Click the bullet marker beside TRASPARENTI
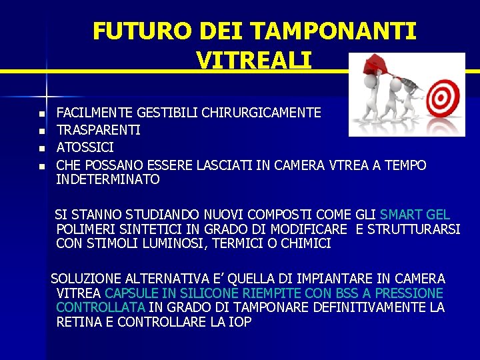point(41,131)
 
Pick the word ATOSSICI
point(85,147)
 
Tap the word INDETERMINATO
point(108,180)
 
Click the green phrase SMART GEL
point(415,215)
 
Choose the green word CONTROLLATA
point(101,307)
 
